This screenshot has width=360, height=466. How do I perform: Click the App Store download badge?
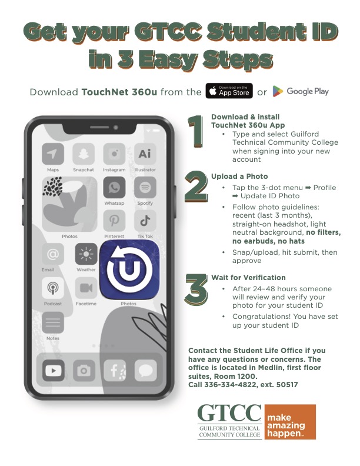[229, 91]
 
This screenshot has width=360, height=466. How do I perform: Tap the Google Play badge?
[301, 91]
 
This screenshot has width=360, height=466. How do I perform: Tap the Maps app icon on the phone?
[53, 155]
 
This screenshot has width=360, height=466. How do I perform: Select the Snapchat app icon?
[83, 155]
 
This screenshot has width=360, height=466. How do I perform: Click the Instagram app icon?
[114, 155]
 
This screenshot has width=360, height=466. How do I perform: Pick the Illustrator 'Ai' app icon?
[144, 155]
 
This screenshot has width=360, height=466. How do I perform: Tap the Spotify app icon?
[144, 188]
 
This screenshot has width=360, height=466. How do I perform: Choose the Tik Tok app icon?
[144, 221]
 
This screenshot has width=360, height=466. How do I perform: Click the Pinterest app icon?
[114, 221]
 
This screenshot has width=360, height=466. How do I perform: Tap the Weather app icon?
[86, 254]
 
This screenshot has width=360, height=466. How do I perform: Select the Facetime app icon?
[86, 288]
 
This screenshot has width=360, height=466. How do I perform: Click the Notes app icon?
[52, 322]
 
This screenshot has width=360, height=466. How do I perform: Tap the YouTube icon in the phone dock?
[54, 370]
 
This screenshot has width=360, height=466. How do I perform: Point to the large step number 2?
[196, 187]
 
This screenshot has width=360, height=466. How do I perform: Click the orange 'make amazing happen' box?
[289, 422]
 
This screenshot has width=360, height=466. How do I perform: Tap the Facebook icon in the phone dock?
[115, 370]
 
